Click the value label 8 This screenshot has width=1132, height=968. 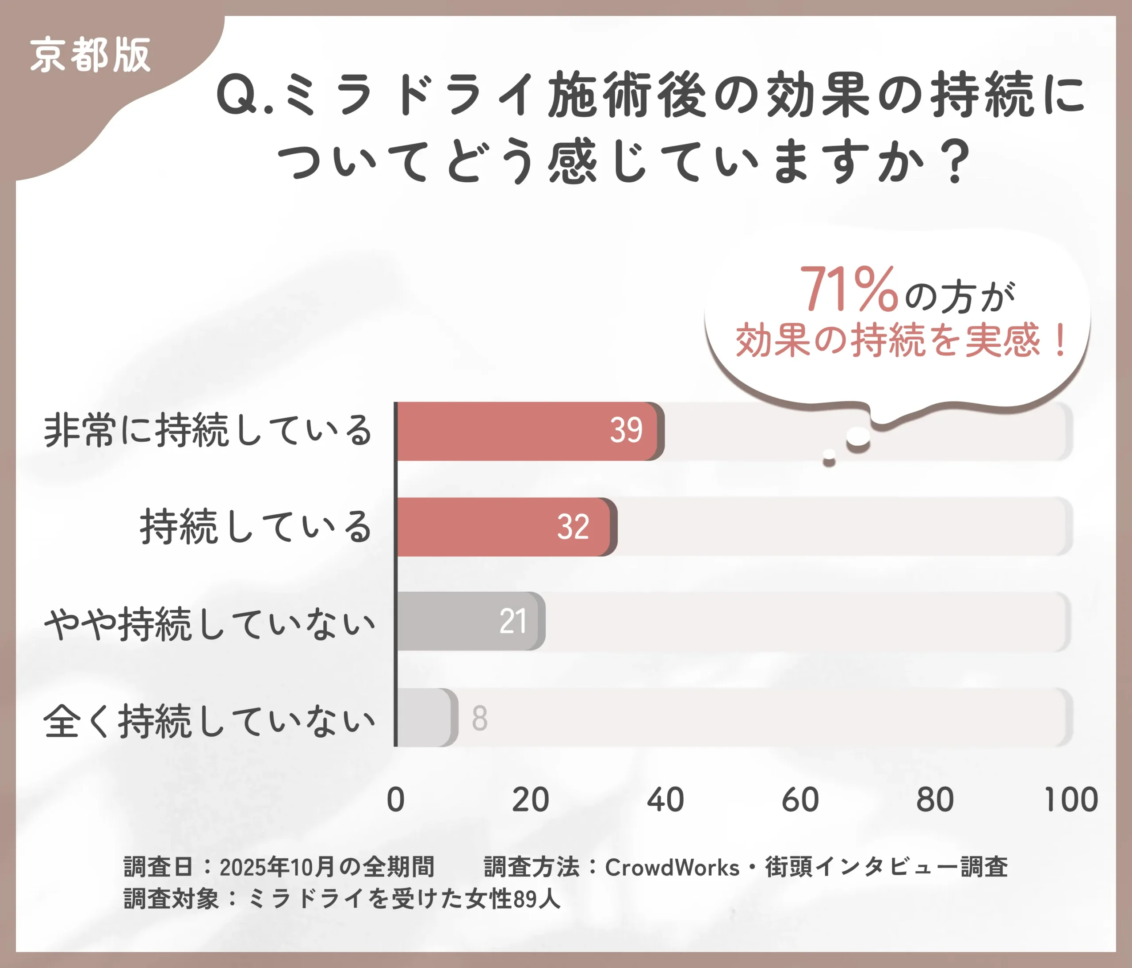pos(480,718)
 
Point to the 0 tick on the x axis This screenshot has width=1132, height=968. pos(396,800)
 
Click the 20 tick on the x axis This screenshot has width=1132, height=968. pos(530,800)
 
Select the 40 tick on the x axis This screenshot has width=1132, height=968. pos(665,800)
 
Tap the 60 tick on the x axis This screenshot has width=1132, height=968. pos(800,800)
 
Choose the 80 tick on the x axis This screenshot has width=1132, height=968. pos(935,800)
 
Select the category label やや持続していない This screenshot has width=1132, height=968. pos(209,624)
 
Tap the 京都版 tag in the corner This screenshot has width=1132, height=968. pos(90,55)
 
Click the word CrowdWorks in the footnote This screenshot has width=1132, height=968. pos(672,868)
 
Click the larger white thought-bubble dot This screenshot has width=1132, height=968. pos(858,437)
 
